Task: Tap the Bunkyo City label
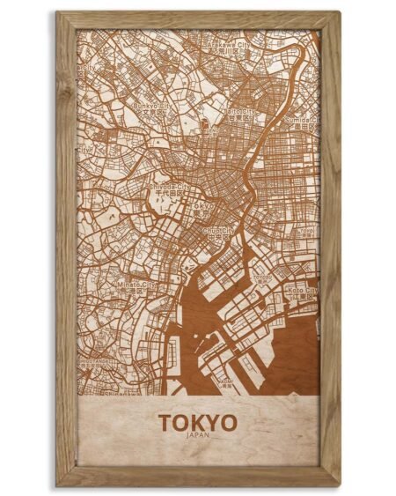click(148, 107)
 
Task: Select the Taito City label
click(240, 112)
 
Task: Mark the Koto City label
click(303, 288)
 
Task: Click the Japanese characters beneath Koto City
click(303, 297)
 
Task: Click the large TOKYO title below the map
click(198, 422)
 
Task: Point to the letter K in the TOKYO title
click(197, 422)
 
